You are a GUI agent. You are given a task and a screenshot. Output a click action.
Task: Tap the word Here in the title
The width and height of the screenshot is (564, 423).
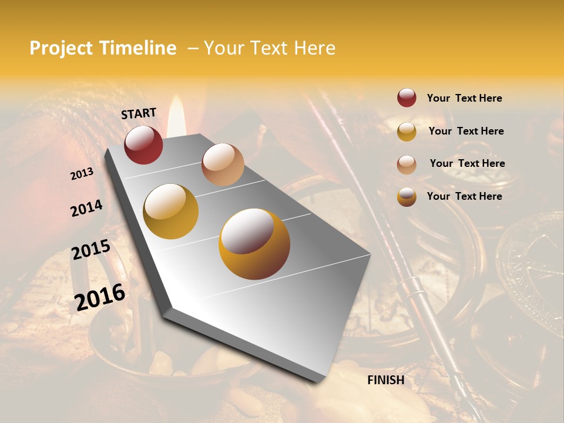point(314,49)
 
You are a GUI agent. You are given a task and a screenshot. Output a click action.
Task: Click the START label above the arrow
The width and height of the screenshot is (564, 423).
point(139,113)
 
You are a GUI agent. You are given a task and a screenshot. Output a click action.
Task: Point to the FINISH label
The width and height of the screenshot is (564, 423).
point(385,380)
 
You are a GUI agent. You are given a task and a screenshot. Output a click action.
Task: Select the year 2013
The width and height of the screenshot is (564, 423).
point(82,174)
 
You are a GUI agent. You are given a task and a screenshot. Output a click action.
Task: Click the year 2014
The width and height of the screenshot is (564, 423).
point(86,208)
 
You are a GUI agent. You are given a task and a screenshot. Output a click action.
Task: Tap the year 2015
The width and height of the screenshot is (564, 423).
point(91,250)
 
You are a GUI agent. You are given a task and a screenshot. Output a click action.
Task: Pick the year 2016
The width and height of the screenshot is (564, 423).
point(100,297)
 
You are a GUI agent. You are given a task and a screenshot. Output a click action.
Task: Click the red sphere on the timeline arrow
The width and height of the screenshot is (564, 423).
point(143,145)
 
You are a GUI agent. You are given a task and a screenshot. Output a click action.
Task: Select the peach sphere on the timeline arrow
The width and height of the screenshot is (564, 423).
point(223,164)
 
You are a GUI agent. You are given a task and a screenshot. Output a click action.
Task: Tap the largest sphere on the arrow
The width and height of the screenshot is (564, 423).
point(254,244)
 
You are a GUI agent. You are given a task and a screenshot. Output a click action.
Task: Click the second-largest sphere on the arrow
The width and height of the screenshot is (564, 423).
point(171,211)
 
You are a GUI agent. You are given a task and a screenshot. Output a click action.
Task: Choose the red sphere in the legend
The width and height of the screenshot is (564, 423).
point(407,98)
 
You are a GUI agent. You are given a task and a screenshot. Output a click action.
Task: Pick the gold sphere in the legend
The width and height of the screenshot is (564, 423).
point(407,132)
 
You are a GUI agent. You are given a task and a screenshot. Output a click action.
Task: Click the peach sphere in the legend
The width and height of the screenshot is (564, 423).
point(407,164)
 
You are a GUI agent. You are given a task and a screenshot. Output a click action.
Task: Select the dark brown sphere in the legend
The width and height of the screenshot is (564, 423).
point(407,197)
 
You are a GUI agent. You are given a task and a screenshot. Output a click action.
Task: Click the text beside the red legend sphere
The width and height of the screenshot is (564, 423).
point(464,99)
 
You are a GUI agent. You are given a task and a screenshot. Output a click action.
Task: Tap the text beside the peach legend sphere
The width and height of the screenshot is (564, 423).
point(467,163)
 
